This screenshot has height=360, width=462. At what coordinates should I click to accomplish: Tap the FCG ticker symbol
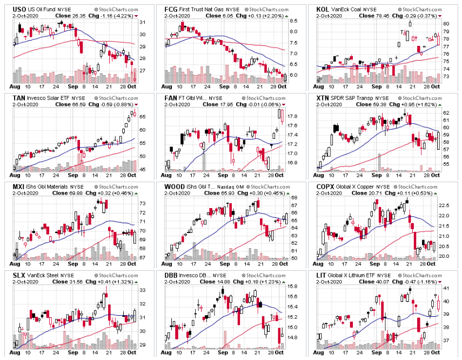pyautogui.click(x=171, y=9)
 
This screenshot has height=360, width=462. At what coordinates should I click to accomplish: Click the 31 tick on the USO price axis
pyautogui.click(x=141, y=22)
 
